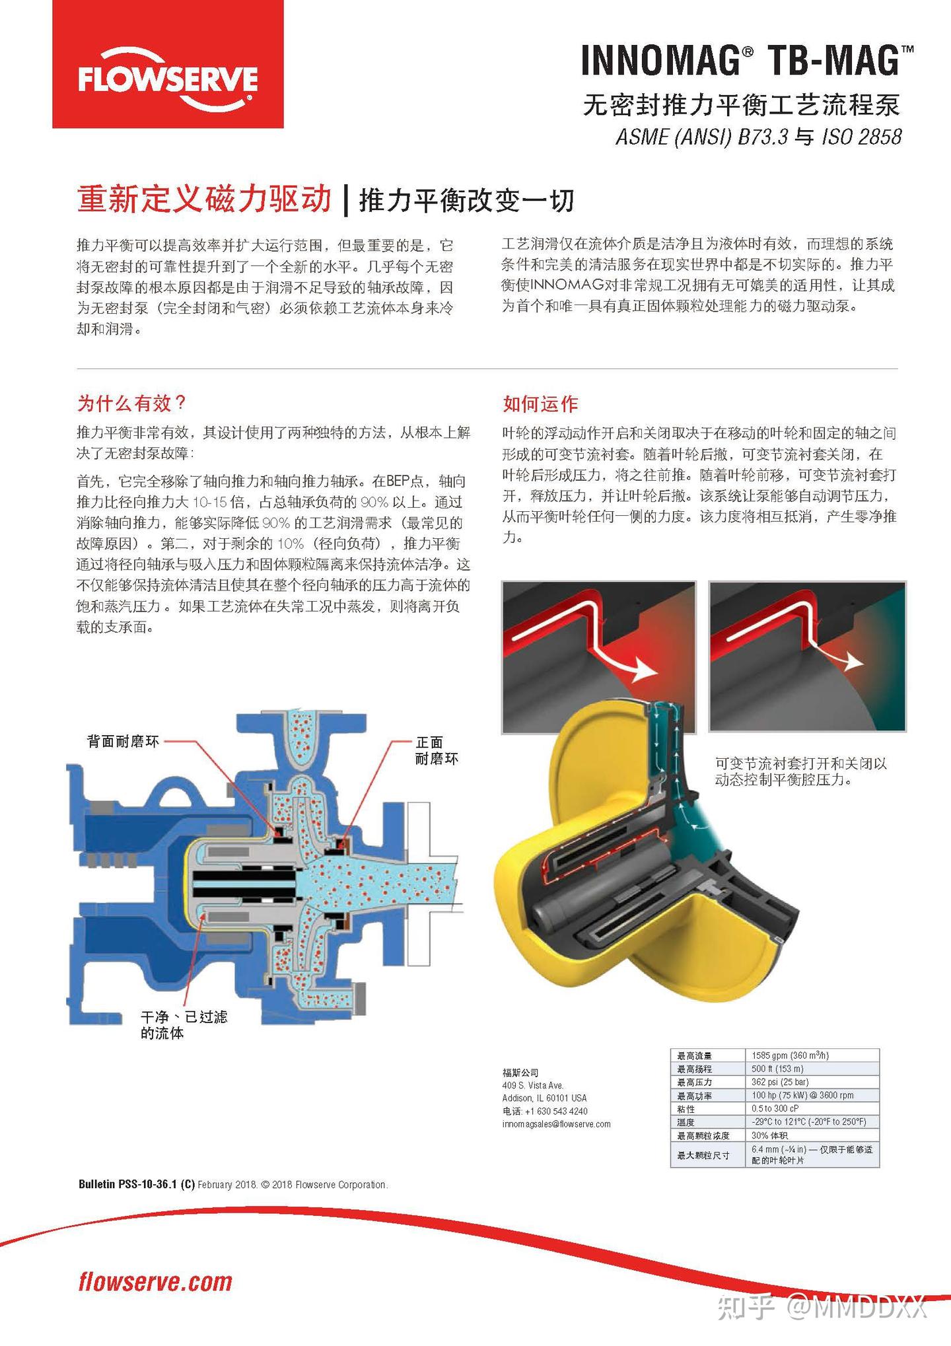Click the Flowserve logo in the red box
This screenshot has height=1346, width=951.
point(168,79)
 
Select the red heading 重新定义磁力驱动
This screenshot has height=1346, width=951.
point(204,199)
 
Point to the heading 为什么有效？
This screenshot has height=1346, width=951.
point(132,403)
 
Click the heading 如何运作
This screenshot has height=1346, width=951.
point(540,404)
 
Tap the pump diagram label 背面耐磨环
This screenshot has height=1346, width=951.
point(123,741)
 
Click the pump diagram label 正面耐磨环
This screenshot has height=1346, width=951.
point(436,750)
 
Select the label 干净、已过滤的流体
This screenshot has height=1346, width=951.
point(184,1024)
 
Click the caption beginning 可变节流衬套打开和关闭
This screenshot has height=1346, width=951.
point(800,771)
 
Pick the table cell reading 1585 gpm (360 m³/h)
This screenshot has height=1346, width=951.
point(790,1055)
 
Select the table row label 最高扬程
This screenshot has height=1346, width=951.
point(695,1069)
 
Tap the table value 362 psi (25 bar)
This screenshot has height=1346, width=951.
point(780,1082)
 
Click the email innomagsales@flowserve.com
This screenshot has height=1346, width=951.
point(556,1124)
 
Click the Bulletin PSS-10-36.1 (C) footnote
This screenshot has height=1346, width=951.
point(136,1185)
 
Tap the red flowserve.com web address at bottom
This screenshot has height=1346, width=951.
point(155,1282)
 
